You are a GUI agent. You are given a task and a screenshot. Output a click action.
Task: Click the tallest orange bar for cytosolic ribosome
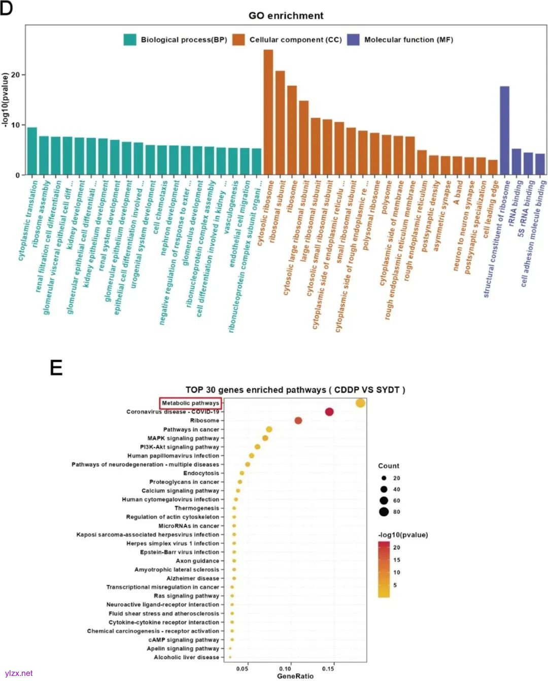tap(268, 112)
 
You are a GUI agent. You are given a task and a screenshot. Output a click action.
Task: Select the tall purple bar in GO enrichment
tap(504, 130)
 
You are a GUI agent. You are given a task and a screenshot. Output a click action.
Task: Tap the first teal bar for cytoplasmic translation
tap(32, 151)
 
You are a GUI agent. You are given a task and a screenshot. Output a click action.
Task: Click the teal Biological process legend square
tap(130, 40)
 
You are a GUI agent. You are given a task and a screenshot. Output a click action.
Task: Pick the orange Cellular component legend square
tap(238, 40)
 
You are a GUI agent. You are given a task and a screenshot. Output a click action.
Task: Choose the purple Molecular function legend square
tap(353, 40)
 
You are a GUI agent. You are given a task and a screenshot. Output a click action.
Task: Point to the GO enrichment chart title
tap(286, 16)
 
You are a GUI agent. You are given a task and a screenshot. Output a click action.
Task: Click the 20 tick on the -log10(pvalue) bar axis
tap(15, 75)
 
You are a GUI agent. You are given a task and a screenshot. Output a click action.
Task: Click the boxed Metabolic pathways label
tap(190, 403)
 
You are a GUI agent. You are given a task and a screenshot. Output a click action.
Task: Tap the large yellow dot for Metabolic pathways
tap(360, 403)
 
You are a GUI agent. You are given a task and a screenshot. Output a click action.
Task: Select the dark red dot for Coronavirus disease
tap(329, 412)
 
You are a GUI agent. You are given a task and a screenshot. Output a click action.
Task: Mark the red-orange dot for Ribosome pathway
tap(298, 420)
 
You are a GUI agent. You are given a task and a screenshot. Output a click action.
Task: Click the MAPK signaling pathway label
tap(183, 438)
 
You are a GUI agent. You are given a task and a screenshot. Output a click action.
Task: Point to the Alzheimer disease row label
tap(193, 578)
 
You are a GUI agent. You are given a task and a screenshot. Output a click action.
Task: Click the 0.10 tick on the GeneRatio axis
tap(285, 668)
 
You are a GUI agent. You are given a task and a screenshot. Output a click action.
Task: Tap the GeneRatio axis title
tap(295, 676)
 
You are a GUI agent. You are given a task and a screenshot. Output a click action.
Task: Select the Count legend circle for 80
tap(384, 512)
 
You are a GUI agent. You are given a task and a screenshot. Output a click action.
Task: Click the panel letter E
tap(56, 367)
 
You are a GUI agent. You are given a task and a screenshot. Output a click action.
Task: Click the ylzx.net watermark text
tap(18, 673)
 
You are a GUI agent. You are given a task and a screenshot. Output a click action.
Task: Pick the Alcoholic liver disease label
tap(186, 657)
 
